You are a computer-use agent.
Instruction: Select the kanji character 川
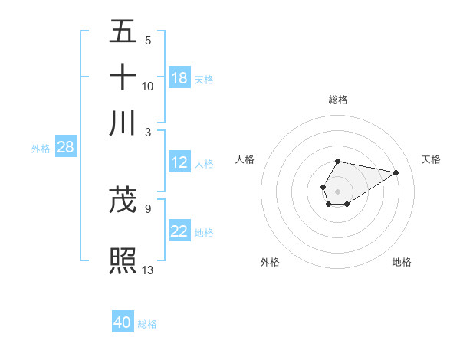click(x=123, y=123)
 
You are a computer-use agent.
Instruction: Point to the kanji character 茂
click(x=123, y=201)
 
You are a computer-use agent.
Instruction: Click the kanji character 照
click(x=123, y=260)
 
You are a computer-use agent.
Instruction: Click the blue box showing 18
click(x=179, y=78)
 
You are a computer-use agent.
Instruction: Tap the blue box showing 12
click(x=179, y=162)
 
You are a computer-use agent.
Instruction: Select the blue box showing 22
click(x=179, y=231)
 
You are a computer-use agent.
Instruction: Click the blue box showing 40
click(x=123, y=322)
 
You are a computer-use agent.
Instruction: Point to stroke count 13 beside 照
click(x=148, y=269)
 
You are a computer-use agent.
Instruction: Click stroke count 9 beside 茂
click(x=148, y=208)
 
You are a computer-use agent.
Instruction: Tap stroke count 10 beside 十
click(x=148, y=86)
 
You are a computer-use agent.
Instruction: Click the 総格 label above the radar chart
click(x=338, y=100)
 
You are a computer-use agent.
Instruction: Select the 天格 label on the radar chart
click(x=431, y=159)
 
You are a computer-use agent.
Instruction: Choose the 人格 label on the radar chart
click(x=245, y=159)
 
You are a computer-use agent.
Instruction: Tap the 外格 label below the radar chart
click(x=270, y=262)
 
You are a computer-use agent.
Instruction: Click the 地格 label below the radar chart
click(x=402, y=262)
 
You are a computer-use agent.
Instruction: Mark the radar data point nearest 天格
click(x=396, y=172)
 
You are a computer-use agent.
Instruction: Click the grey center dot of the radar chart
click(x=337, y=190)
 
